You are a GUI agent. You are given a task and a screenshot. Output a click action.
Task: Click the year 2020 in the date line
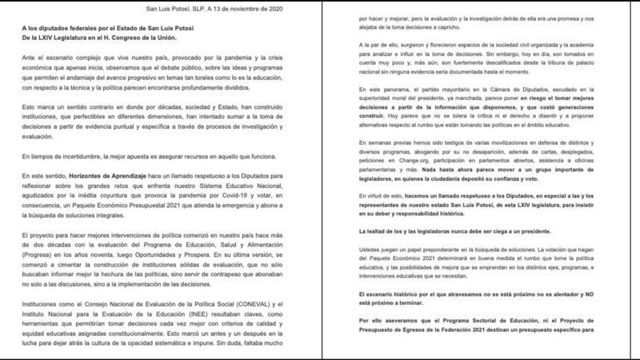pos(299,9)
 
